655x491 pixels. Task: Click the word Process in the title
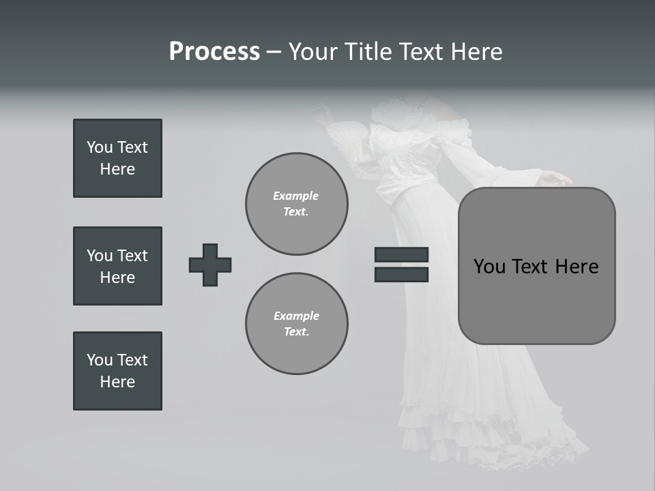click(x=214, y=52)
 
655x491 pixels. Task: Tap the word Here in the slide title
click(x=476, y=52)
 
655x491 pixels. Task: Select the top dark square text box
click(x=117, y=158)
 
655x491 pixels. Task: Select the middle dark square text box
click(x=117, y=266)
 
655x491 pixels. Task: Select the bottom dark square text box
click(x=117, y=371)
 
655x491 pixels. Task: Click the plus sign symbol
click(x=210, y=265)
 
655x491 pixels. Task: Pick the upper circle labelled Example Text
click(x=297, y=204)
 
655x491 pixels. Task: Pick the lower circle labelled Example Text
click(x=297, y=323)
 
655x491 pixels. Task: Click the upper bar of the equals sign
click(x=401, y=254)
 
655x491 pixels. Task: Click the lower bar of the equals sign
click(x=401, y=274)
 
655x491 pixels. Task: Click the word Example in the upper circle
click(x=295, y=196)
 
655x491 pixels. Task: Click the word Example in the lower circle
click(x=296, y=316)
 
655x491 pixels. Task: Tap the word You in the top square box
click(x=98, y=147)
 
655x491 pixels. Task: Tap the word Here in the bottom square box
click(x=117, y=382)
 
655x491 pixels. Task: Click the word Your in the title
click(x=310, y=52)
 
